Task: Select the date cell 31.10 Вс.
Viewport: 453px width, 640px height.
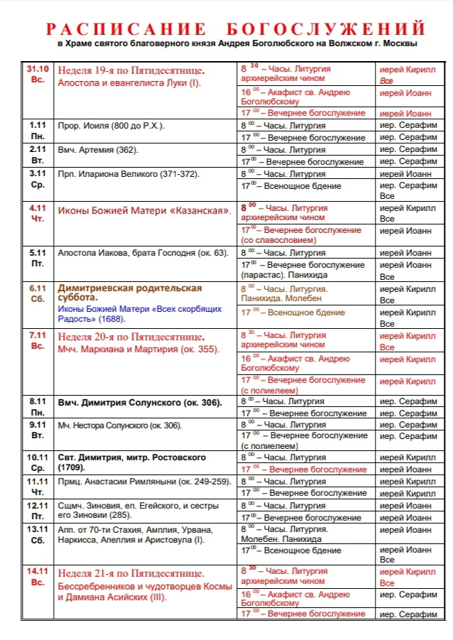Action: click(x=38, y=75)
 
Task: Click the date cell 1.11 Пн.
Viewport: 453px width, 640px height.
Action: click(x=38, y=130)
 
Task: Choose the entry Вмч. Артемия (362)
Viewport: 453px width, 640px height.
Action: click(x=99, y=150)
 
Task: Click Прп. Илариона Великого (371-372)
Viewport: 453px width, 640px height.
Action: click(x=129, y=173)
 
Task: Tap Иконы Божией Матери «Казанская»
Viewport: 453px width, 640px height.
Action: click(x=144, y=211)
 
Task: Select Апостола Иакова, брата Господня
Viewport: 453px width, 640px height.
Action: click(x=143, y=253)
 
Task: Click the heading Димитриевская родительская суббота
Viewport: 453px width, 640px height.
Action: click(x=130, y=293)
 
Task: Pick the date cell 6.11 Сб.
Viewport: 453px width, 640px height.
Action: click(x=38, y=294)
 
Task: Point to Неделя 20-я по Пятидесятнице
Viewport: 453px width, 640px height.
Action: click(x=131, y=336)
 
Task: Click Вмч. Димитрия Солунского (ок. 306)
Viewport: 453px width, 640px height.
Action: click(x=140, y=403)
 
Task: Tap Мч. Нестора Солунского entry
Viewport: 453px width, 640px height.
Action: click(x=120, y=425)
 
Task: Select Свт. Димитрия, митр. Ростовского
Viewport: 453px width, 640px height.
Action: click(x=132, y=462)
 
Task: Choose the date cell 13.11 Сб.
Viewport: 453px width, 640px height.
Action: click(x=38, y=535)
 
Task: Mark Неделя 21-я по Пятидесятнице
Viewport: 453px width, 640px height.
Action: click(x=131, y=573)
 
